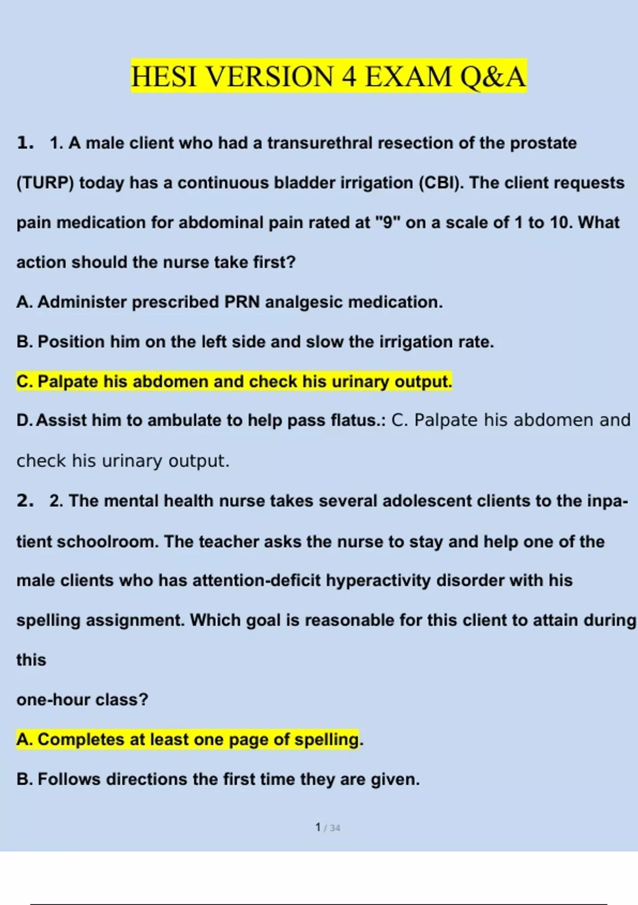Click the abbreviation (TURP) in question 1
coord(45,183)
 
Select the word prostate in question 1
coord(543,143)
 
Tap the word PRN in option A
coord(242,302)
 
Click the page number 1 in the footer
coord(318,827)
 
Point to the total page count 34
coord(335,828)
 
